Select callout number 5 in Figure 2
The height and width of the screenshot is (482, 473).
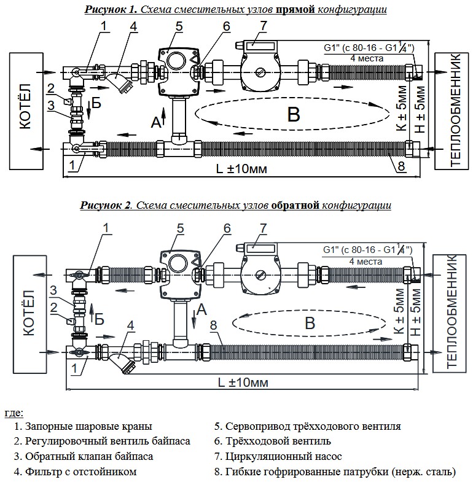180,228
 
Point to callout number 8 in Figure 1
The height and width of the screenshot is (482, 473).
401,166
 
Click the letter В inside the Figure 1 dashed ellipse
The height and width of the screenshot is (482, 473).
294,114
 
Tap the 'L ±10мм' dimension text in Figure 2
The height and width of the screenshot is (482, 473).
243,383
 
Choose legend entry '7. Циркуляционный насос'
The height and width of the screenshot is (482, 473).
278,456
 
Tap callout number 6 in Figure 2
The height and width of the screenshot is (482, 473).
227,228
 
